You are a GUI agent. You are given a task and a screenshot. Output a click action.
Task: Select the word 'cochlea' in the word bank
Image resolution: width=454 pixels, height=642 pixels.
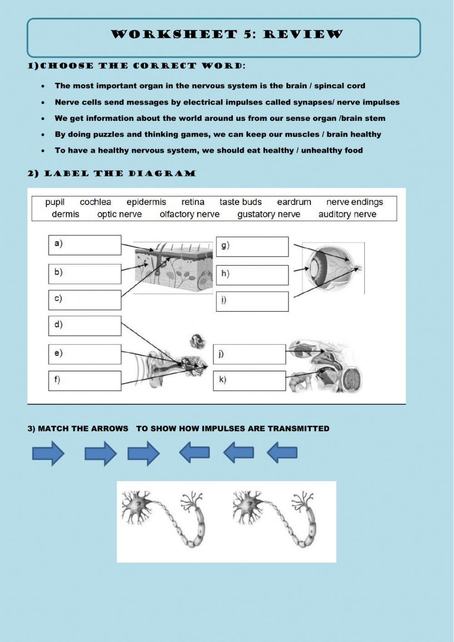click(95, 202)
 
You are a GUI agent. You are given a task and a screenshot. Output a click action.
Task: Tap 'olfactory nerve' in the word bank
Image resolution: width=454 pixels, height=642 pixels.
click(189, 214)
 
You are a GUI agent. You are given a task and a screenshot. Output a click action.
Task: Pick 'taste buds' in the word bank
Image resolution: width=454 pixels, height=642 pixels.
click(241, 202)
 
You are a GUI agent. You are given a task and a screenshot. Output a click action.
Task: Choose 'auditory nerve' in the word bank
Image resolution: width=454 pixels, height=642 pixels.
click(347, 214)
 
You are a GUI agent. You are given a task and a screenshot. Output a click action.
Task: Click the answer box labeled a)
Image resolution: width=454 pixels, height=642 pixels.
click(85, 245)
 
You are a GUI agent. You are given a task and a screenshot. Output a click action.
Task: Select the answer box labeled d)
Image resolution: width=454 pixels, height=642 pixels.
click(85, 326)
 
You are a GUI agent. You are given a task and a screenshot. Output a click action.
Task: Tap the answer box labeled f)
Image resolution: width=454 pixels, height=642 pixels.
click(85, 380)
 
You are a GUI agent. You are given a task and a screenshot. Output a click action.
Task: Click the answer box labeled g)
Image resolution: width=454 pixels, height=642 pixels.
click(252, 247)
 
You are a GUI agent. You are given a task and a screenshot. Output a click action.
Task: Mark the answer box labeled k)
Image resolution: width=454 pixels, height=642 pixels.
click(249, 381)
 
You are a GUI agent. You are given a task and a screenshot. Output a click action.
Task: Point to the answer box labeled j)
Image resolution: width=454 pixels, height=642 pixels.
click(249, 354)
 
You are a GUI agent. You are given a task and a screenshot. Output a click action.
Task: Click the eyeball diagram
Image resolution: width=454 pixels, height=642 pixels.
click(333, 268)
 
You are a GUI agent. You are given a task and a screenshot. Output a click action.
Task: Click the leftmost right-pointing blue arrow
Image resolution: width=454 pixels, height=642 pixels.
click(48, 453)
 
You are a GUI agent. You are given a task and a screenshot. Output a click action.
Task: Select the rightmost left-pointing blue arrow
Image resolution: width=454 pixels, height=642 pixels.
click(282, 453)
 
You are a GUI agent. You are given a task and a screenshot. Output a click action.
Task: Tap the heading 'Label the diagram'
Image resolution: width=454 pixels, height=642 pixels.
click(112, 174)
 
